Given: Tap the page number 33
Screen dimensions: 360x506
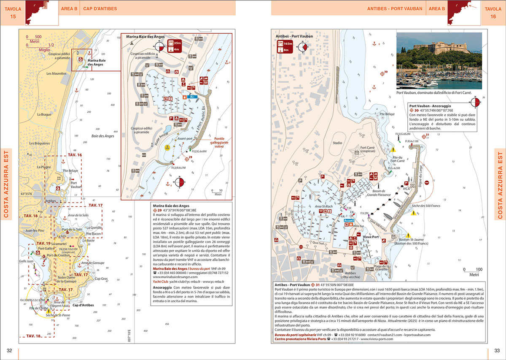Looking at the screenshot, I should click(497, 350).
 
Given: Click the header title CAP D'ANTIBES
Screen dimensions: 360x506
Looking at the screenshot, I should click(100, 8).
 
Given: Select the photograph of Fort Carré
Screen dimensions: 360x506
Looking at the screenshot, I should click(439, 61).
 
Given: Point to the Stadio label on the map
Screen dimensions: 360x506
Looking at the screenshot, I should click(337, 143).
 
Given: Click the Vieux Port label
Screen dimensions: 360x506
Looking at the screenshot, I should click(371, 237).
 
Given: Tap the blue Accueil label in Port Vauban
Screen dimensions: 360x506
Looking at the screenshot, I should click(349, 220).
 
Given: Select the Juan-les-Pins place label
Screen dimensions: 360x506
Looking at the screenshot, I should click(35, 231).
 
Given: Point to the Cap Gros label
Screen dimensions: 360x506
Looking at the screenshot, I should click(101, 279).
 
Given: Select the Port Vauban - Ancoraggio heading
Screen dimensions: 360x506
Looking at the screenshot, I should click(430, 106).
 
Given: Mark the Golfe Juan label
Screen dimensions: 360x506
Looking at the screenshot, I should click(27, 261).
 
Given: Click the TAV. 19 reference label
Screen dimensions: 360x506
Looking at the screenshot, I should click(43, 244).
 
